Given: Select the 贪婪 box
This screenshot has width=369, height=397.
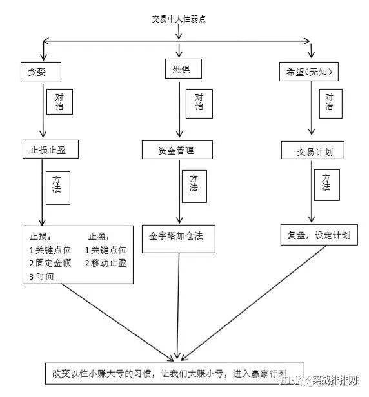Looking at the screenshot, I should pos(41,72).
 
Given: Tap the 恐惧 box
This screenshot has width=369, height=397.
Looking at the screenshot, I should pos(179,68).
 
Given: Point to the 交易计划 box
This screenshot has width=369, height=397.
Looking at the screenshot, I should pos(312,152).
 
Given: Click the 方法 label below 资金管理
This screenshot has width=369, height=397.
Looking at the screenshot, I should pos(194,182).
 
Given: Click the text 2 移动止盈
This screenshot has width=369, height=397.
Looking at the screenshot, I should pos(106,263).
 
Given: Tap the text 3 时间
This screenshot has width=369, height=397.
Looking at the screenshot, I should pos(41,276).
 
